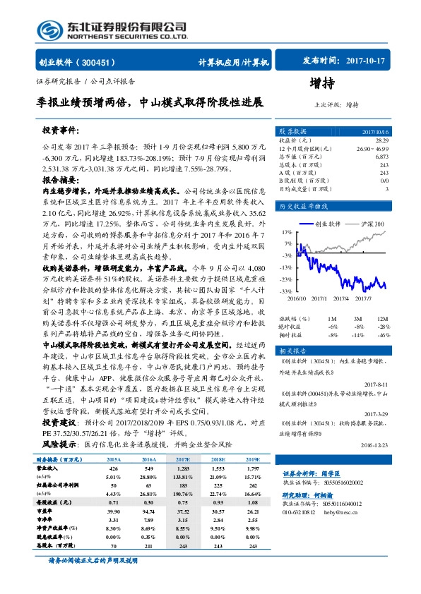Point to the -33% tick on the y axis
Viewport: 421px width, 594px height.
coord(286,290)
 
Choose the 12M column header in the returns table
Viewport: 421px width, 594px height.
coord(381,319)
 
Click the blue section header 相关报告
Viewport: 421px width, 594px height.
coord(290,351)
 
